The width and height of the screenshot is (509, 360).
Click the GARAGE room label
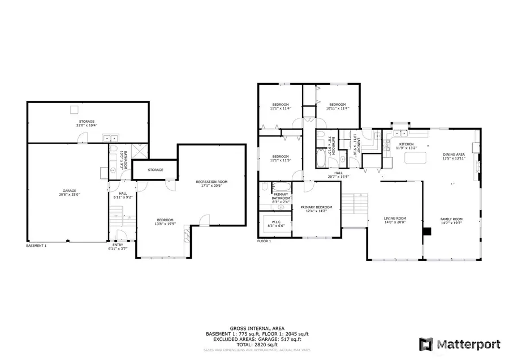point(70,190)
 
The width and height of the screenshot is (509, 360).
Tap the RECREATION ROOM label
point(212,182)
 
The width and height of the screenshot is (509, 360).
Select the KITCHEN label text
point(407,144)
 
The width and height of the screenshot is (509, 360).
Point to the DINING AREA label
point(454,154)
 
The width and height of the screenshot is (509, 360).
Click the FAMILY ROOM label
point(451,219)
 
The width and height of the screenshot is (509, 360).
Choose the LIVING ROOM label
point(395,218)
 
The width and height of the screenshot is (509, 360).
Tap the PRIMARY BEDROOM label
point(316,207)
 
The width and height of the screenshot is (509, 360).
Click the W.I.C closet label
point(275,221)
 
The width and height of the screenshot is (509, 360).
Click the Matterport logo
point(459,344)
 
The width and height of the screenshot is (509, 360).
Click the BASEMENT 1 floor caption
point(36,246)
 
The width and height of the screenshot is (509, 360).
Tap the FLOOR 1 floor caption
point(264,241)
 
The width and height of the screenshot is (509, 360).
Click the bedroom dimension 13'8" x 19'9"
point(165,224)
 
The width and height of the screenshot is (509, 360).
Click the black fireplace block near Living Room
point(428,231)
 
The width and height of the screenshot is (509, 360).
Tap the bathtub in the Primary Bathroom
point(280,186)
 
